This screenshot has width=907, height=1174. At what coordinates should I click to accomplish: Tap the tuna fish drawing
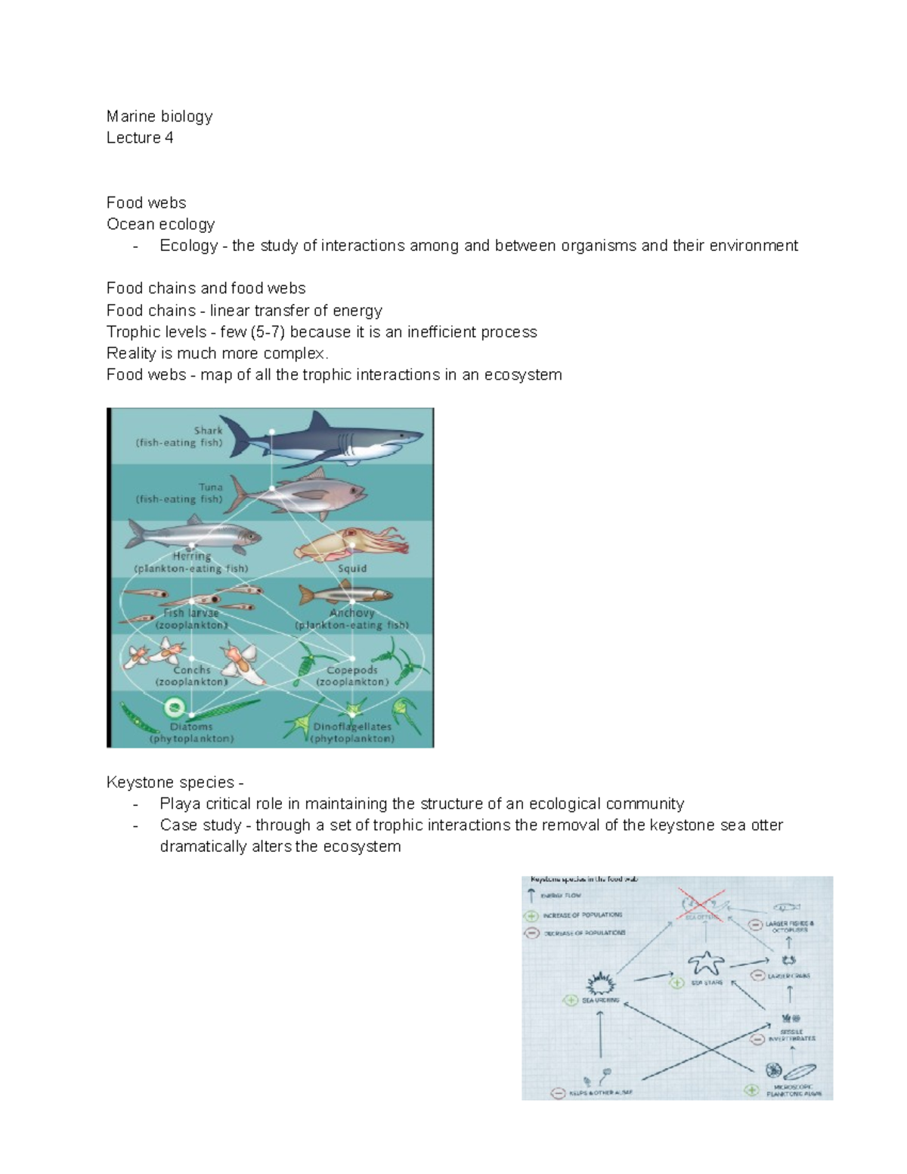pyautogui.click(x=302, y=493)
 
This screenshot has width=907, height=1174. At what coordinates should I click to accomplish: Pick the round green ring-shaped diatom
pyautogui.click(x=175, y=708)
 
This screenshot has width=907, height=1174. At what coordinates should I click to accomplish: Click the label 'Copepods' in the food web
pyautogui.click(x=351, y=670)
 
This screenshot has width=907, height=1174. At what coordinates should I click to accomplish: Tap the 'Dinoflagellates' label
pyautogui.click(x=352, y=726)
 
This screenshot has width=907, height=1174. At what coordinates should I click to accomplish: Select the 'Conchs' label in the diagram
pyautogui.click(x=191, y=670)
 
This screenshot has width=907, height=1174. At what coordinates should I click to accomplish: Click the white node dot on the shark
pyautogui.click(x=271, y=432)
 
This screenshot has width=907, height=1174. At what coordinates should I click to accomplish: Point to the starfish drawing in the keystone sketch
pyautogui.click(x=705, y=963)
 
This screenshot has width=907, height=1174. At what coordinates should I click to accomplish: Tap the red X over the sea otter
pyautogui.click(x=700, y=903)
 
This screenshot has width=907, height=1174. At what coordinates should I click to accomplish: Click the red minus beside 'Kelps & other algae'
pyautogui.click(x=558, y=1092)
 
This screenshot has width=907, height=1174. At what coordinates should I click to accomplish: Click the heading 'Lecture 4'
pyautogui.click(x=140, y=138)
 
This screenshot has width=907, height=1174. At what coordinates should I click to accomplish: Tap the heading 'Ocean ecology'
pyautogui.click(x=160, y=224)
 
